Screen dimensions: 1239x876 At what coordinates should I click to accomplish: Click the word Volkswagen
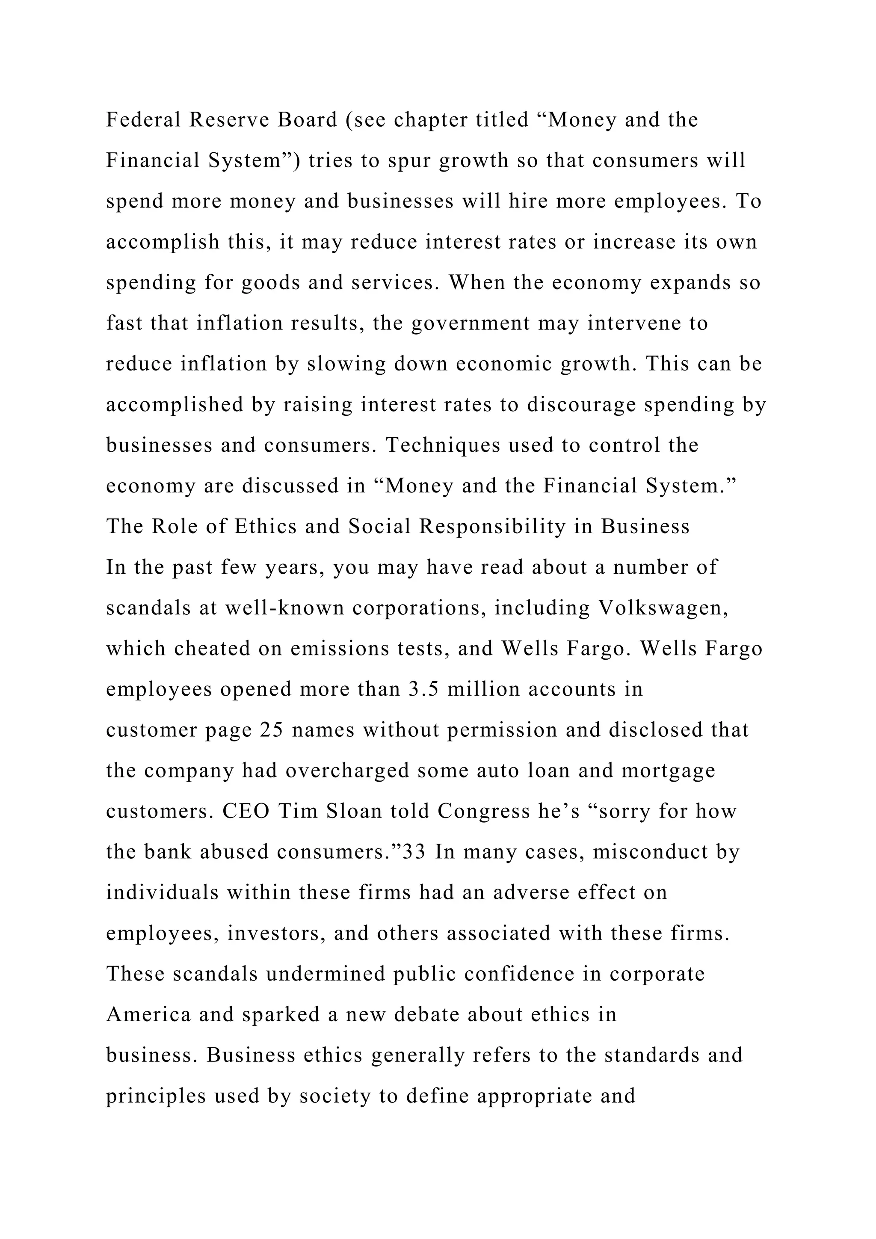point(663,608)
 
